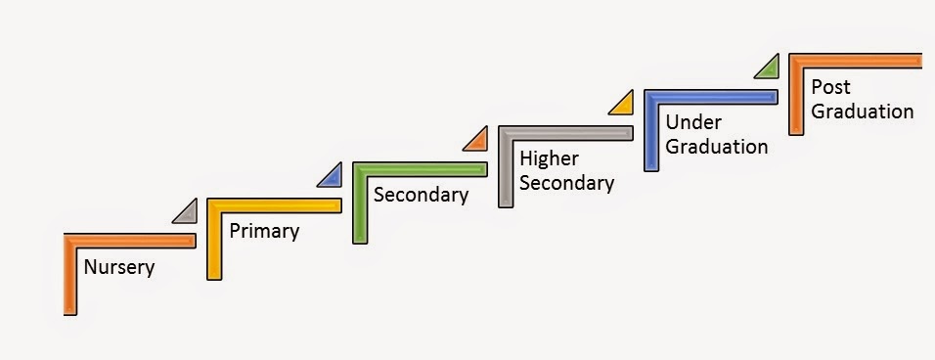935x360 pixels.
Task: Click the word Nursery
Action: (x=119, y=267)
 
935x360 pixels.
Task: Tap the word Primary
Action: (x=264, y=231)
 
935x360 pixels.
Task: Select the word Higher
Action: (x=550, y=159)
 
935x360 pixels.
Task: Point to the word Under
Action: (x=693, y=122)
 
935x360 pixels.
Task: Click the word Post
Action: (x=830, y=87)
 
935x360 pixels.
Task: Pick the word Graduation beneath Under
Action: (x=716, y=147)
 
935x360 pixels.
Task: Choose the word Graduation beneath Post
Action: (x=863, y=112)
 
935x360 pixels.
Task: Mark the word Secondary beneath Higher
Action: (x=566, y=184)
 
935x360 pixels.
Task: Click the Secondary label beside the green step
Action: (x=421, y=196)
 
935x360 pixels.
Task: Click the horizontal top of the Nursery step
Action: (x=129, y=241)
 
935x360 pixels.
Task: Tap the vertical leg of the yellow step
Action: (x=214, y=239)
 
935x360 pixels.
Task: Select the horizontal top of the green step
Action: (x=420, y=169)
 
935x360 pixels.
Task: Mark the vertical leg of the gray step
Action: (x=506, y=167)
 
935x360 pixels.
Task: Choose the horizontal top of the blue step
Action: (x=711, y=97)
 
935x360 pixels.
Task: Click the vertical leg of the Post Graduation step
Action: (x=796, y=94)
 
